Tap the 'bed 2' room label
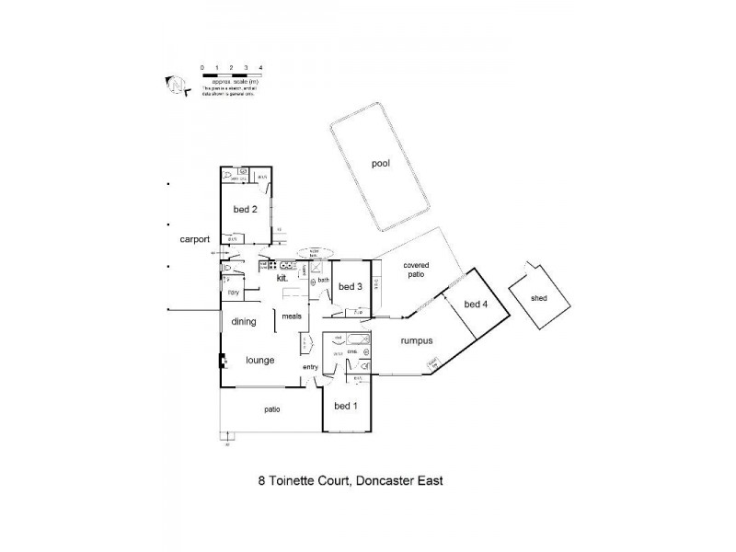tap(245, 209)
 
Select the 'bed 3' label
tap(351, 287)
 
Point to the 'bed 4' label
tap(475, 305)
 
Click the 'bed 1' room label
tap(346, 406)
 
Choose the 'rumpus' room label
tap(417, 340)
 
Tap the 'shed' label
tap(539, 297)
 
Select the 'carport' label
tap(195, 238)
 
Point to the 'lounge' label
tap(260, 360)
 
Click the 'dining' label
tap(244, 322)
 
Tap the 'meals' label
tap(292, 316)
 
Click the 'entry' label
tap(310, 368)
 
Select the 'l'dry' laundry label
tap(234, 293)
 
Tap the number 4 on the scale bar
tap(261, 68)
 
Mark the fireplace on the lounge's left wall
tap(222, 361)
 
